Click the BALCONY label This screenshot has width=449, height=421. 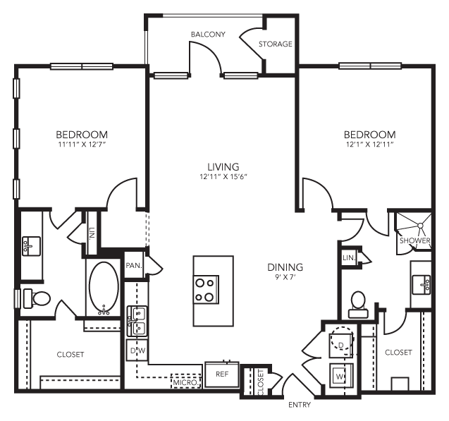[207, 34]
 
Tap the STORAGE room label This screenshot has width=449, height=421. [275, 44]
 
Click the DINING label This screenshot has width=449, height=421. [285, 267]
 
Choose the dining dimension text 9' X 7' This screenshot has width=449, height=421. [285, 279]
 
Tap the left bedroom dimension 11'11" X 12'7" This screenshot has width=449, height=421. [82, 145]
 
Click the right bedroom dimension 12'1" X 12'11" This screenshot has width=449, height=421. [369, 145]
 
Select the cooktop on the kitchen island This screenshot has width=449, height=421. [206, 288]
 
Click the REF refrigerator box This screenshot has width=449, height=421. [222, 374]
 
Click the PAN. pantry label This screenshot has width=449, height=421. [133, 265]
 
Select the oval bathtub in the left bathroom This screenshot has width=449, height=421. [104, 289]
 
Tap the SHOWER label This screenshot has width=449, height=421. [414, 240]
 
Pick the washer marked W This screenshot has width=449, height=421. [339, 377]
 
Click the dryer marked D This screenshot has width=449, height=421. [341, 343]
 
